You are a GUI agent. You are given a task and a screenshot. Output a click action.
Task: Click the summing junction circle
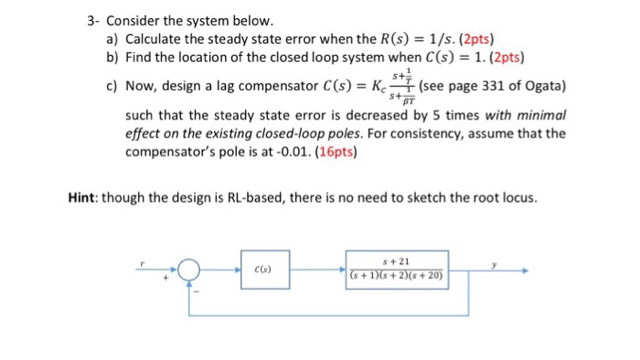(x=189, y=270)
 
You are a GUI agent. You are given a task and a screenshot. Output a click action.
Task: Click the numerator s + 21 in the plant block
(x=397, y=261)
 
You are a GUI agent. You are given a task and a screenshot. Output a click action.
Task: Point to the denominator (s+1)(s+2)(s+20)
(x=397, y=274)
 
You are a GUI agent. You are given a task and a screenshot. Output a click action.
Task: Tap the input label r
(x=143, y=263)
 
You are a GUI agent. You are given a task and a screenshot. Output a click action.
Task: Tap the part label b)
(x=113, y=57)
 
